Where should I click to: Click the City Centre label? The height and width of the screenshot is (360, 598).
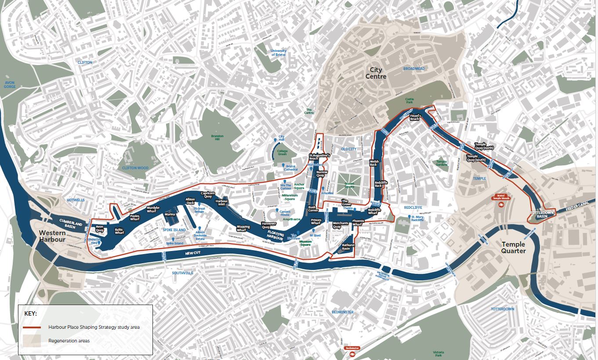click(376, 73)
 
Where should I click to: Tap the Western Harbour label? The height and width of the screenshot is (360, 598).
click(52, 236)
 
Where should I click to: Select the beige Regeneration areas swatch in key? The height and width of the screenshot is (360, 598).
click(32, 341)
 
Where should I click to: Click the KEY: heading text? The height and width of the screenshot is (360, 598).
click(31, 314)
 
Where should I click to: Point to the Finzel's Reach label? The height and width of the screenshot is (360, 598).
click(415, 117)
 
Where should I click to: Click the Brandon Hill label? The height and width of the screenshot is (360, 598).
click(217, 138)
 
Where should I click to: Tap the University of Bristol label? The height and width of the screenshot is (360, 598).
click(279, 53)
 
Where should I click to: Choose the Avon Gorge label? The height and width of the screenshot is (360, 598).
click(10, 84)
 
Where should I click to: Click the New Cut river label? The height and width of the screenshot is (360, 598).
click(192, 254)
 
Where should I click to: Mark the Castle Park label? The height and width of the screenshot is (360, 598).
click(410, 101)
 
